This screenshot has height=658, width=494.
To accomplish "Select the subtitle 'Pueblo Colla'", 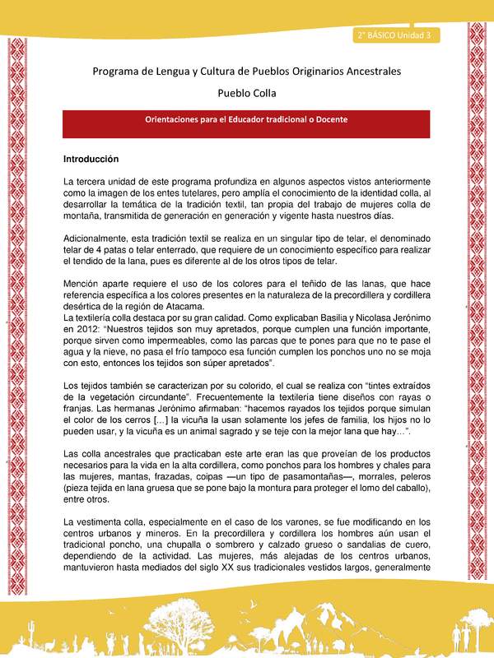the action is coord(247,93).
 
